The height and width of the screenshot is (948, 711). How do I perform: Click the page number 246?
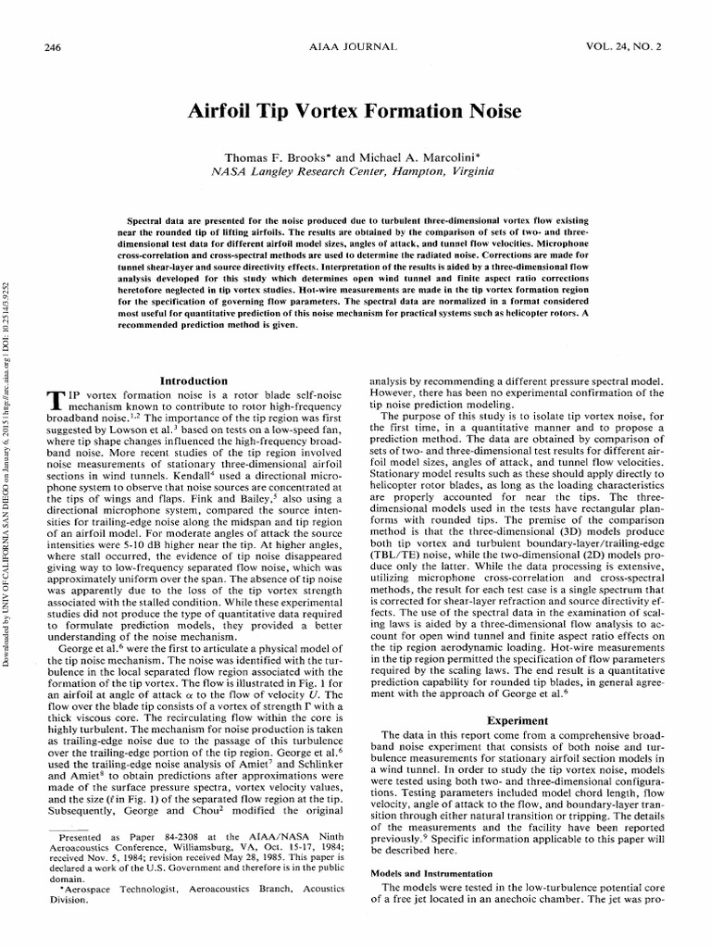click(52, 46)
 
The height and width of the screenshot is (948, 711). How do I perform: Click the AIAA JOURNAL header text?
click(355, 46)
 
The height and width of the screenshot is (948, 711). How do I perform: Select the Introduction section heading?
click(194, 380)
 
